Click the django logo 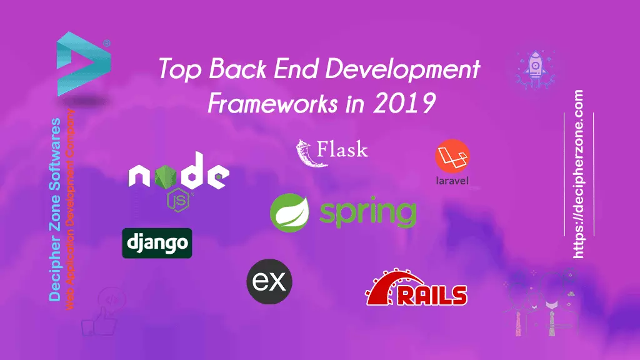(157, 243)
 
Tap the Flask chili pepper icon (307, 153)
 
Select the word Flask (342, 149)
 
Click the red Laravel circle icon (452, 156)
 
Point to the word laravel (452, 181)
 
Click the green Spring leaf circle (290, 212)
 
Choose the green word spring (367, 213)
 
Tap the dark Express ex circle (269, 282)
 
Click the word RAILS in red (432, 295)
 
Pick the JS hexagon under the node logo (178, 201)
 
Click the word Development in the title (402, 69)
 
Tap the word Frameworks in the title (272, 103)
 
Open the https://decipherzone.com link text (578, 174)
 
